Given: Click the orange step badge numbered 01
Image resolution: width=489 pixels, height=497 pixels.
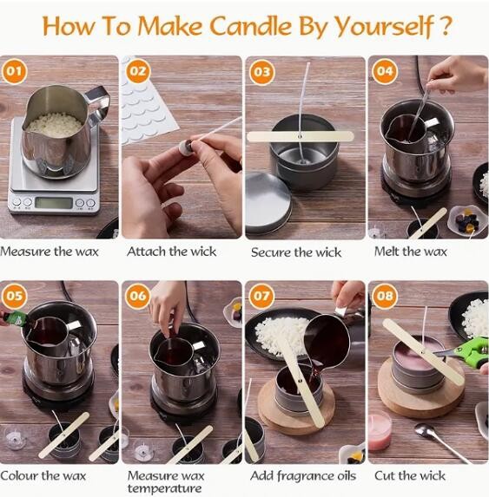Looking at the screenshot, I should [14, 70].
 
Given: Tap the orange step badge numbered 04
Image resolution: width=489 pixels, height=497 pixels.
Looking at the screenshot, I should [386, 70].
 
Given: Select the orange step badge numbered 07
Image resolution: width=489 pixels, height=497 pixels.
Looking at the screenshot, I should [262, 295].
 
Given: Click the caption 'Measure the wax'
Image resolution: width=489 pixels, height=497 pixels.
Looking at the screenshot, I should [50, 252].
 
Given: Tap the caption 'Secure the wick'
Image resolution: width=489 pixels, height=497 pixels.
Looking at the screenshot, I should [295, 252].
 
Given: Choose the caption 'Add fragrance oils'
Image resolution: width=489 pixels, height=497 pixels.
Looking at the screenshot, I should [302, 475].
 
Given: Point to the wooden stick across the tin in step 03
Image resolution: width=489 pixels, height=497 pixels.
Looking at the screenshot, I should [301, 136].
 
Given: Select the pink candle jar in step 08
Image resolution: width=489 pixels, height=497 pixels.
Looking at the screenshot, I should [380, 431].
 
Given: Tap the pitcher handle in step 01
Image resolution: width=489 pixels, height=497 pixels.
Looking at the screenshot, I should [97, 106].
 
